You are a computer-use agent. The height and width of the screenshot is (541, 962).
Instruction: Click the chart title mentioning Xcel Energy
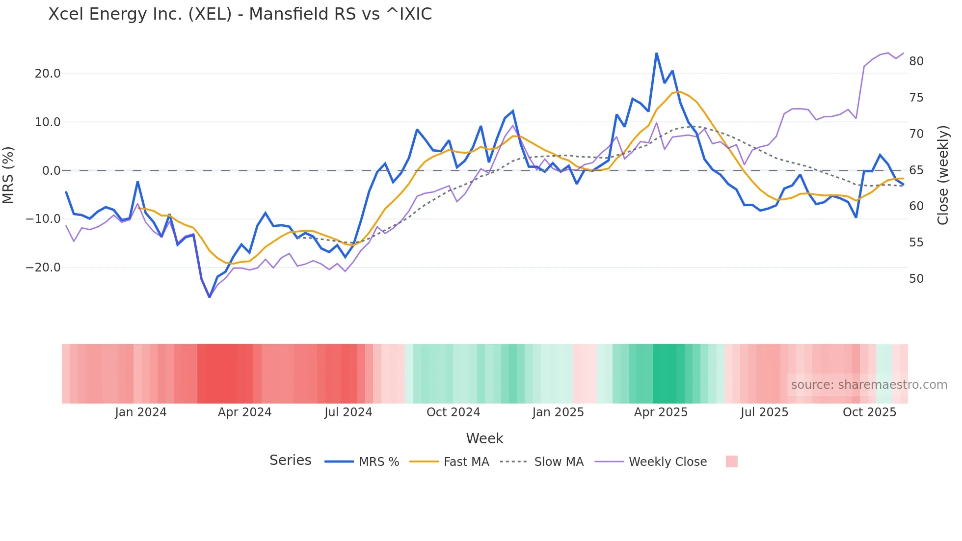tap(240, 14)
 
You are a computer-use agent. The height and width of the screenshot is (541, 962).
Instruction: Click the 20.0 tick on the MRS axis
tap(48, 74)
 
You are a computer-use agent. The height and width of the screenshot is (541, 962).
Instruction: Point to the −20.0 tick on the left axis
tap(43, 268)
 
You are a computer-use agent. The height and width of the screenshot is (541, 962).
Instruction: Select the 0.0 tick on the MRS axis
tap(51, 171)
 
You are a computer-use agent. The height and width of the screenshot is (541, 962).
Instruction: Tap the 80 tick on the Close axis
tap(916, 61)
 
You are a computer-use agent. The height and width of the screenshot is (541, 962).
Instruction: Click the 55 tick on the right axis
tap(916, 243)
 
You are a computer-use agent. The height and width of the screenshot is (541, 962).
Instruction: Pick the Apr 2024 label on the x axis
tap(244, 412)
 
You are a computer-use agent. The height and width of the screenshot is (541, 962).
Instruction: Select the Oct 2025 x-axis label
tap(869, 412)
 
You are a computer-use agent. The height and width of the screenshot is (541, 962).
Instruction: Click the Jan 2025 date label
tap(558, 412)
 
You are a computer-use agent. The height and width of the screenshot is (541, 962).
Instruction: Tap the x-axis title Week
tap(484, 438)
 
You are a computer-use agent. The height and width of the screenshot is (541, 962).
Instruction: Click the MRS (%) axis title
tap(8, 175)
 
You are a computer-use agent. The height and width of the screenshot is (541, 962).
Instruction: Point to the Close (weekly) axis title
tap(943, 175)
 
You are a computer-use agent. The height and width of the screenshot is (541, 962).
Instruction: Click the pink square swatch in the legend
tap(731, 461)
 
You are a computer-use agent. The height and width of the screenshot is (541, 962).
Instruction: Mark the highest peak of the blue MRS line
tap(656, 54)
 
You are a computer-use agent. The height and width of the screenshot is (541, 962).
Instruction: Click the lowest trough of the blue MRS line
tap(210, 297)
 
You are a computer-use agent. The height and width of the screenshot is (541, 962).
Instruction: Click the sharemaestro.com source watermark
tap(869, 385)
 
